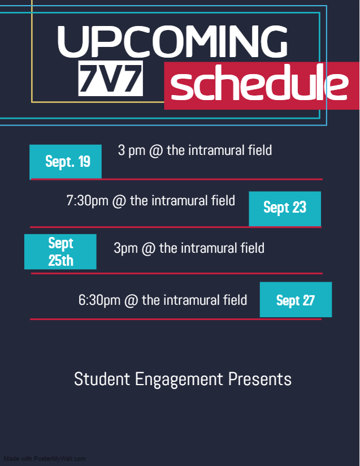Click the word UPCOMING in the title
point(172,41)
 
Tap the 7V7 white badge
point(111,79)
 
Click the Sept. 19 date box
point(66,162)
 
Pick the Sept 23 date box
point(285,209)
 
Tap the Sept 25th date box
point(60,252)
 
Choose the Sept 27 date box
point(296,300)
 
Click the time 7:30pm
point(88,201)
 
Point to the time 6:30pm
point(99,300)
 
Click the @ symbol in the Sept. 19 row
point(156,150)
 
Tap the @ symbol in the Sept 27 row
point(131,300)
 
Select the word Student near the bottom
point(102,379)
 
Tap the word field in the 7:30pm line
point(223,200)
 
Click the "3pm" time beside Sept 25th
point(126,248)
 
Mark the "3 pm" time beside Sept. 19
point(132,150)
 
